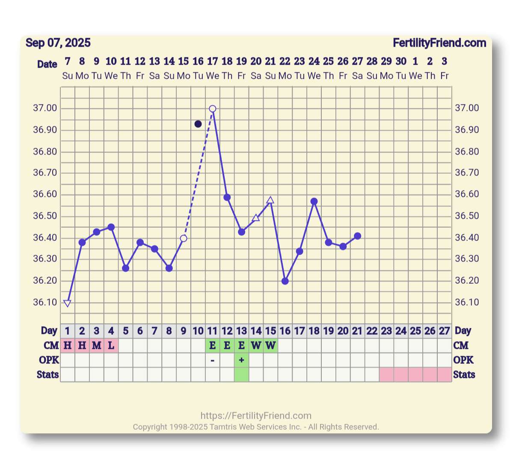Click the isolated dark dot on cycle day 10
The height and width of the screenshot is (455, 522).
198,124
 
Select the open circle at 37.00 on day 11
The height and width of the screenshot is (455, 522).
213,109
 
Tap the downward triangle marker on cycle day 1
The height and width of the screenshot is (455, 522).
67,303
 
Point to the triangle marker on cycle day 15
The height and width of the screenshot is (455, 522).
270,200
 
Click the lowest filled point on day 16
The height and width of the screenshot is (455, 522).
285,281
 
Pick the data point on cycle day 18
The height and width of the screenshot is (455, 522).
314,201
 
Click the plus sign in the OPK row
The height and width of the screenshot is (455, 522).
242,360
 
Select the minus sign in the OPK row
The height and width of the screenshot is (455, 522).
213,360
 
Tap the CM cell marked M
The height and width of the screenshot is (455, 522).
97,345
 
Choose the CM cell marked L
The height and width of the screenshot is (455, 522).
111,345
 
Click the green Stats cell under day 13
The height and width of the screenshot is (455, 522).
242,375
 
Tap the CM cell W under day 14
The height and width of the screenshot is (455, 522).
256,345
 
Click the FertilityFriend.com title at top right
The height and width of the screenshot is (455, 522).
439,43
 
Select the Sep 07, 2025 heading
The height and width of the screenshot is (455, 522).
58,43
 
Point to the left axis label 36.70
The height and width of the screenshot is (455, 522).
45,173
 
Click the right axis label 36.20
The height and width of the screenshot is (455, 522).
467,281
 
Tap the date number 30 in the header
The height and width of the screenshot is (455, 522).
401,61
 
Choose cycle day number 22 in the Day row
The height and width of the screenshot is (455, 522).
372,331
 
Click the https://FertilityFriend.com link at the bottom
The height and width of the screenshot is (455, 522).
256,416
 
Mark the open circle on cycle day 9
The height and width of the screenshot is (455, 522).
184,238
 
